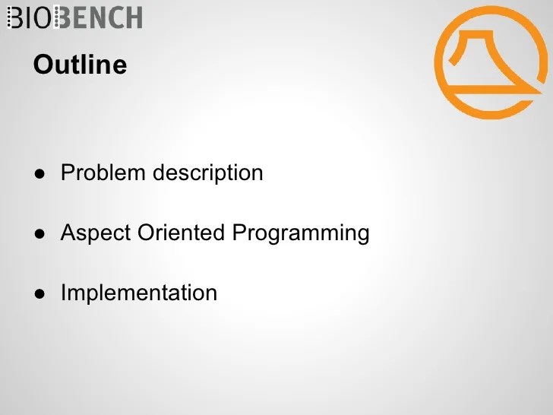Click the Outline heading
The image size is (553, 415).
pos(80,65)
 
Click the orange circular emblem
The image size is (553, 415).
pos(490,62)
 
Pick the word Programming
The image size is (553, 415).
pos(301,233)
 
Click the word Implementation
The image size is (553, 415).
pos(139,293)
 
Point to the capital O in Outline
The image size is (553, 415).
pos(43,65)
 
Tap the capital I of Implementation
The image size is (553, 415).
pos(64,293)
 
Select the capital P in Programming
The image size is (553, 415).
pos(239,233)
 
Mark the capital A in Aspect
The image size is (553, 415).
pos(68,233)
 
